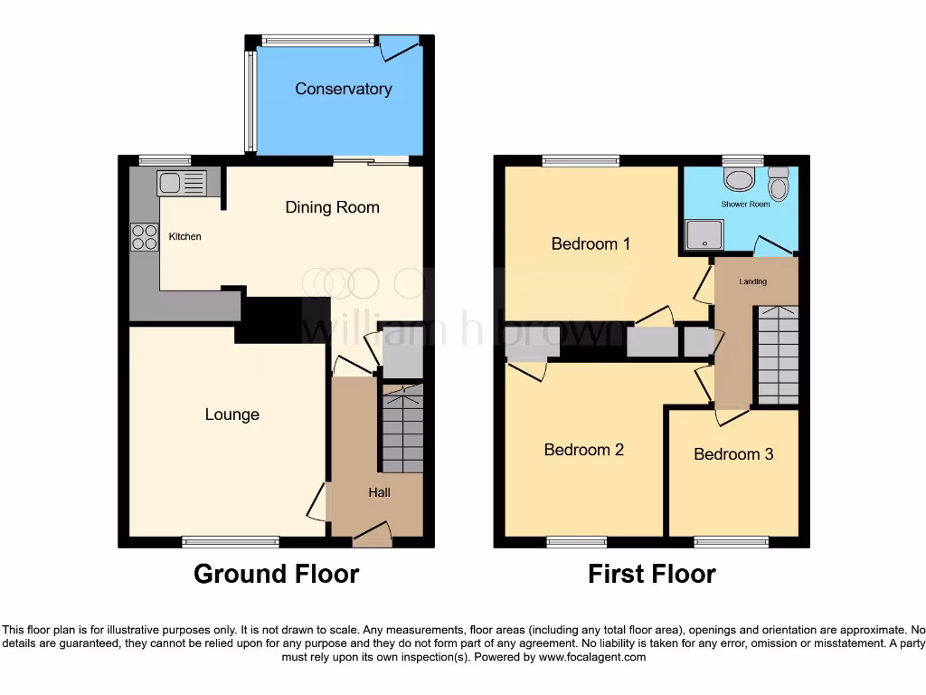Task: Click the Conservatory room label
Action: click(x=343, y=89)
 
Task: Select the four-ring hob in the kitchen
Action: click(x=144, y=236)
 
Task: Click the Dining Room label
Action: click(x=332, y=207)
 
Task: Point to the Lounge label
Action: click(x=231, y=414)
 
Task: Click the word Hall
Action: click(x=379, y=492)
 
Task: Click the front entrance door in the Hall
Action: click(x=371, y=536)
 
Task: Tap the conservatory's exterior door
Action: click(x=399, y=47)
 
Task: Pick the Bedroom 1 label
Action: click(x=591, y=243)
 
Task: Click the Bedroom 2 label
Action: click(x=583, y=450)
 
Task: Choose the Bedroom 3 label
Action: click(x=733, y=454)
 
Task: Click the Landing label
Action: click(x=752, y=281)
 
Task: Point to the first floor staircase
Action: click(x=777, y=355)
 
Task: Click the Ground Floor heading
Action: click(x=276, y=574)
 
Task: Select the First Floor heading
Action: click(x=651, y=574)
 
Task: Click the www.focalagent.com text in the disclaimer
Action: click(x=591, y=657)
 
